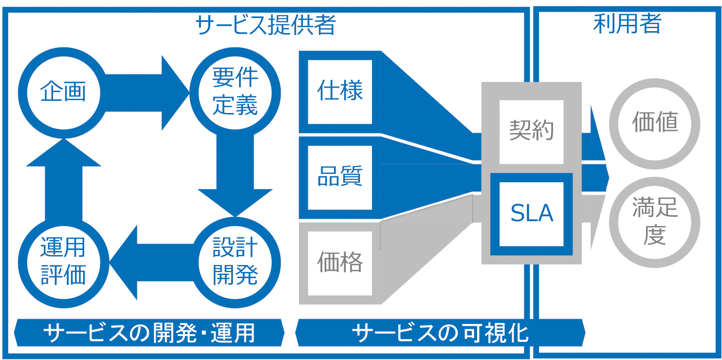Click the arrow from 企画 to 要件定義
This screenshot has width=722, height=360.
[147, 93]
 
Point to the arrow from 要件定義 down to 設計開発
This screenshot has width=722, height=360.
[235, 174]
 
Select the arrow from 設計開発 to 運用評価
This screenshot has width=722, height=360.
[151, 263]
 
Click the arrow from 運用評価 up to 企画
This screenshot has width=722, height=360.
[63, 181]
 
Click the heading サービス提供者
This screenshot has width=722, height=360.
[266, 25]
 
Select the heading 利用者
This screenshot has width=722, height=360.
[628, 24]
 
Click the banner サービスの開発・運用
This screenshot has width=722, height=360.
[149, 333]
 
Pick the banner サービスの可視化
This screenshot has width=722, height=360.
[440, 333]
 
